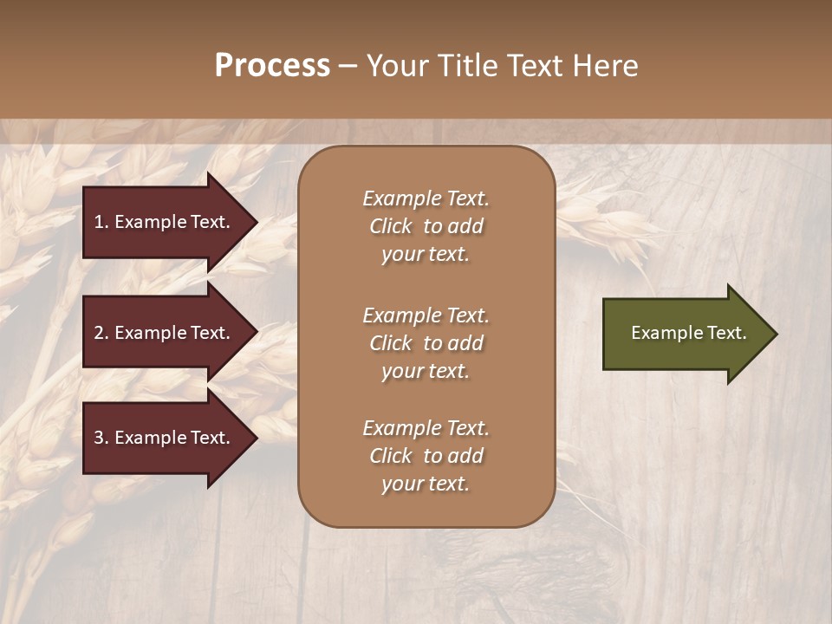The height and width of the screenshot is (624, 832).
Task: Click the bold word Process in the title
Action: (272, 65)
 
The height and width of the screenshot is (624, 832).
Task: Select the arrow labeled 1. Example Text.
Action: (165, 222)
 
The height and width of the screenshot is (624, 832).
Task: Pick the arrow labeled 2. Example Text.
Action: (165, 333)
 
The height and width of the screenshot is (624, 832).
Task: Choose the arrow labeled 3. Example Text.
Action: (165, 438)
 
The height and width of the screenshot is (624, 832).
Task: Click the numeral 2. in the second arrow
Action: (101, 333)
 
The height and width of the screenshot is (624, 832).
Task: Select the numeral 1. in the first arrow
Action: (101, 222)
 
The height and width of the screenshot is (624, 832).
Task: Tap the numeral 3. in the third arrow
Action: (101, 438)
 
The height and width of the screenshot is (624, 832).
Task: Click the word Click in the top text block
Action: (390, 226)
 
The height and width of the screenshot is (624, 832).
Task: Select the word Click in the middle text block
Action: (390, 343)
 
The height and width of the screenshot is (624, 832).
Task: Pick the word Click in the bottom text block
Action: (390, 456)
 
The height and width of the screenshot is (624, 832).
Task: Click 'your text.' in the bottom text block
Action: (426, 484)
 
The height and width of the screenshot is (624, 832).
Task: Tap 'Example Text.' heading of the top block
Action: (426, 198)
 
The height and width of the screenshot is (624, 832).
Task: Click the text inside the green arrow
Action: (688, 333)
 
